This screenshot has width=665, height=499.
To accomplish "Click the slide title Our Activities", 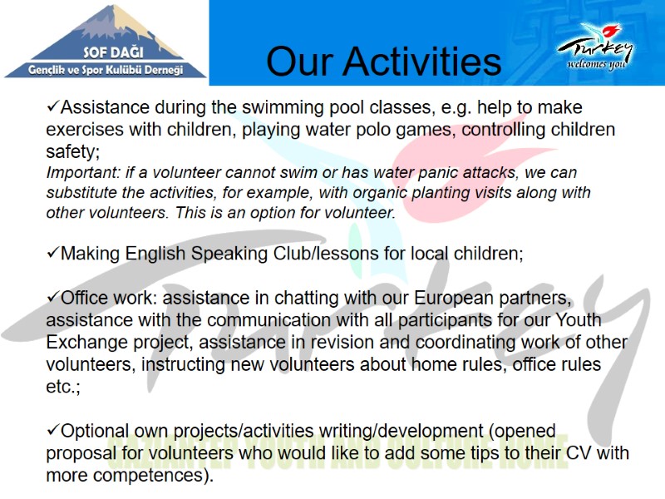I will [x=383, y=61].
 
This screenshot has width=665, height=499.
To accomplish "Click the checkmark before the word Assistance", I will [x=52, y=107].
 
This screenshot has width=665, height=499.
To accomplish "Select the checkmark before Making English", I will [x=52, y=253].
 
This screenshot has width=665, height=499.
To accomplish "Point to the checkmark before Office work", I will [x=52, y=297].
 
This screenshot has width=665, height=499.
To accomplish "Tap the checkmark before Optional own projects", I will [x=52, y=431].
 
